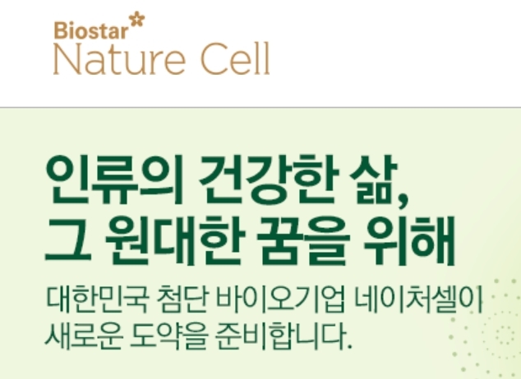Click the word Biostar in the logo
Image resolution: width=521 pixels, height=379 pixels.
click(91, 30)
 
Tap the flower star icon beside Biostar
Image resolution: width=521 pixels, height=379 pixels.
click(137, 19)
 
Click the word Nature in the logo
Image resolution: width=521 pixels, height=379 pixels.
click(119, 59)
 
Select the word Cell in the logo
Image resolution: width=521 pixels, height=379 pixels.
click(236, 59)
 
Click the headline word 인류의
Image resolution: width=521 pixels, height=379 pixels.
click(114, 180)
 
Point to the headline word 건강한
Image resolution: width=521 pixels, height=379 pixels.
click(269, 180)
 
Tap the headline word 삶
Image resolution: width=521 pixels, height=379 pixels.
click(373, 180)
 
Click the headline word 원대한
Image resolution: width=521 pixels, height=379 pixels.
click(175, 240)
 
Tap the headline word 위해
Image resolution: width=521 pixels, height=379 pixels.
click(409, 240)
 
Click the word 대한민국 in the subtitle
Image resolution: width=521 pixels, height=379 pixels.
click(96, 299)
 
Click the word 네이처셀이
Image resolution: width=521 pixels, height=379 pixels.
click(418, 299)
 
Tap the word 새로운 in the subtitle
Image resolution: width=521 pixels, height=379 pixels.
click(84, 336)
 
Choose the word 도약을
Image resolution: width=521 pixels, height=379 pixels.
click(169, 336)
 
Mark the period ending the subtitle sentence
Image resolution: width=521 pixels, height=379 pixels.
click(349, 346)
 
